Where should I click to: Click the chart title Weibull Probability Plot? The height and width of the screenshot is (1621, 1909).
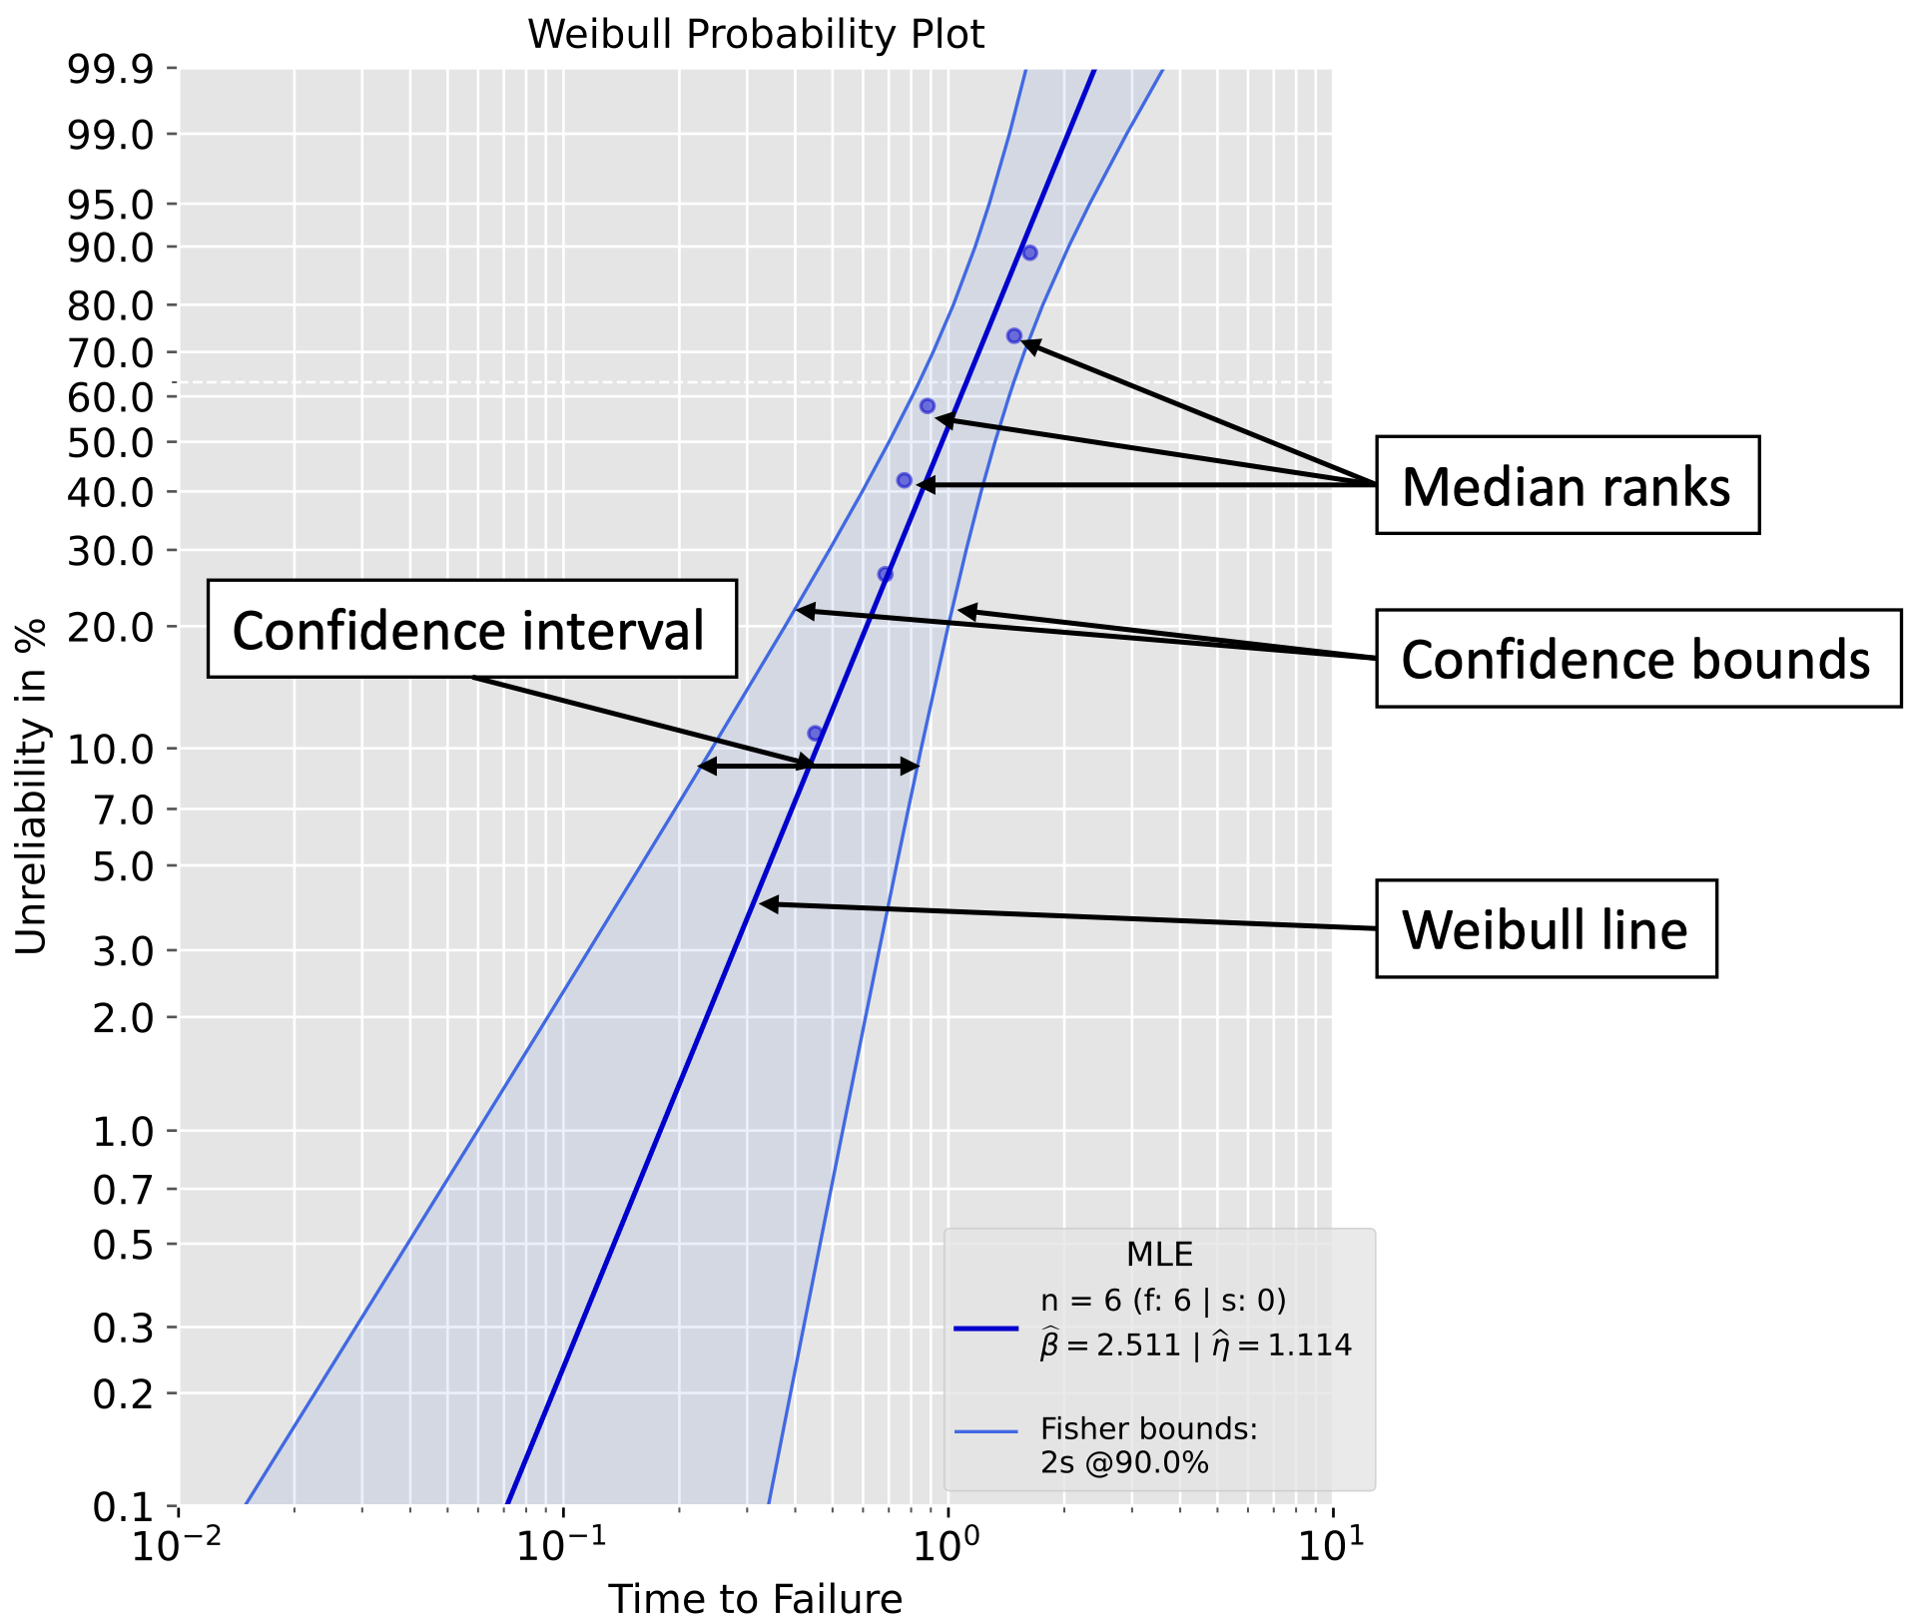pos(756,35)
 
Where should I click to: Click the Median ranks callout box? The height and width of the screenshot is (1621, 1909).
pos(1567,486)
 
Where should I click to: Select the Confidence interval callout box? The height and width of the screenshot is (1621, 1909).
pos(471,630)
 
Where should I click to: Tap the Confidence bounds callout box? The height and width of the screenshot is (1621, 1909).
pos(1637,659)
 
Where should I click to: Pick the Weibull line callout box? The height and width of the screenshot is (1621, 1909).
pos(1546,929)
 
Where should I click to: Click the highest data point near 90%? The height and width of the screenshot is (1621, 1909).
pos(1029,253)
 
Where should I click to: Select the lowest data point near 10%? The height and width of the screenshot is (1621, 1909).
pos(815,734)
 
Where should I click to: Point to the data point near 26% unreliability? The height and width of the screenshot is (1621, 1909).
pos(885,574)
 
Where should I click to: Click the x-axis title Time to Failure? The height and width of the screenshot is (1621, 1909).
pos(756,1598)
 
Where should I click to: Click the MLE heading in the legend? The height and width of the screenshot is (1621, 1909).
pos(1159,1254)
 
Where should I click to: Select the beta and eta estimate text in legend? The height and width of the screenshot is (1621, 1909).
pos(1196,1346)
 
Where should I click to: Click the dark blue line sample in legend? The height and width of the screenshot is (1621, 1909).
pos(985,1329)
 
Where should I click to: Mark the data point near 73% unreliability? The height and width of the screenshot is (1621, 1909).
pos(1013,336)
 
